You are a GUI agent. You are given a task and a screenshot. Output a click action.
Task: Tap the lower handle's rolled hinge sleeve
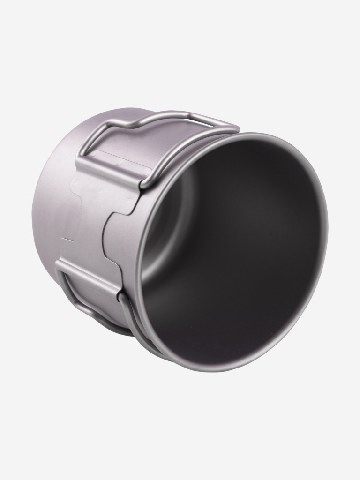pyautogui.click(x=87, y=279)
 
